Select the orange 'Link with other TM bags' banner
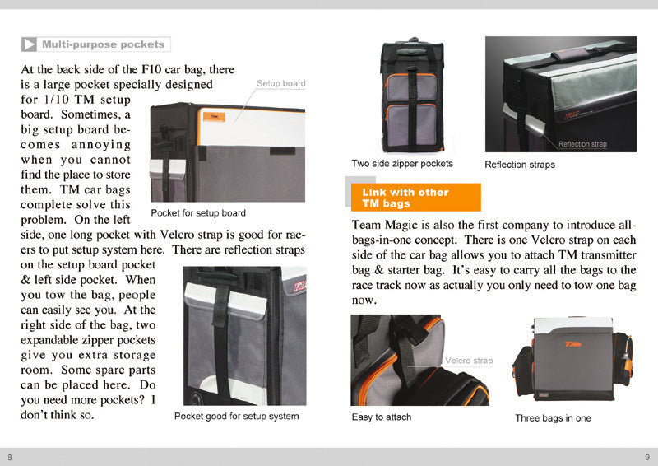[x=415, y=198]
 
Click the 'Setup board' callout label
[x=280, y=83]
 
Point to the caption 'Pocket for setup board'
[x=198, y=213]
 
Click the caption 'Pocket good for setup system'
[x=236, y=417]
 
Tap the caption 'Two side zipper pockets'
[x=402, y=164]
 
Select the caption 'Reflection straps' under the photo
[x=520, y=165]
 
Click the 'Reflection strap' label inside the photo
[x=582, y=144]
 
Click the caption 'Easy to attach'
[x=382, y=417]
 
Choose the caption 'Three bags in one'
[x=553, y=418]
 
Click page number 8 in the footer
[x=10, y=457]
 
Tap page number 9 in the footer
[x=647, y=457]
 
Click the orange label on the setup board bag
[x=213, y=117]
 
